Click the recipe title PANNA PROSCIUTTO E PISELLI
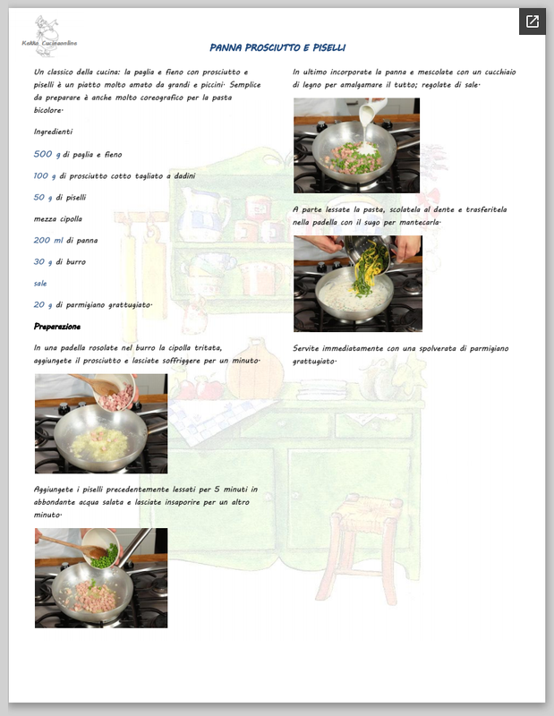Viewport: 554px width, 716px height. tap(277, 47)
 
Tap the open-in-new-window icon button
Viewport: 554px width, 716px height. tap(533, 21)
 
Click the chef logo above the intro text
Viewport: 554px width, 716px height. tap(48, 37)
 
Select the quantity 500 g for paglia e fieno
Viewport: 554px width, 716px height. tap(47, 154)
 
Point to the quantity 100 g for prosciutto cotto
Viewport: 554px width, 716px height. tap(45, 175)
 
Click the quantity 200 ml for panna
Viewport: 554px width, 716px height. tap(48, 240)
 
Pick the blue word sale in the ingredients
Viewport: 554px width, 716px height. tap(40, 283)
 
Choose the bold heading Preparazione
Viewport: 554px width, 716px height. tap(57, 327)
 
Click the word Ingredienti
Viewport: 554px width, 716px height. tap(53, 132)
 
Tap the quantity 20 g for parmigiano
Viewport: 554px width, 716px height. tap(42, 304)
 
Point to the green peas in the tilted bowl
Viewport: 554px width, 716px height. tap(107, 557)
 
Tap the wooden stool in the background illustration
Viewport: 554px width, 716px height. tap(362, 548)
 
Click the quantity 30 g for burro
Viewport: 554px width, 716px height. tap(42, 261)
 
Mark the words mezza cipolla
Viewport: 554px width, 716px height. tap(58, 218)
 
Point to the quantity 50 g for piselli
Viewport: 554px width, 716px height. tap(42, 197)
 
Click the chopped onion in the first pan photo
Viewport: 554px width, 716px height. tap(100, 443)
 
